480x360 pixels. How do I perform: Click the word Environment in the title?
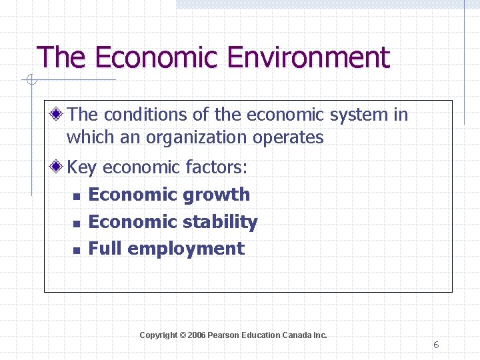(307, 57)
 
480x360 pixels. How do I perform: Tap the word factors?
(212, 167)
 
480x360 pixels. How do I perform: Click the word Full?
(105, 249)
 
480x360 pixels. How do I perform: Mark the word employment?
(186, 249)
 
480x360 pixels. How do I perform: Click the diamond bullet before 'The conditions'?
(58, 114)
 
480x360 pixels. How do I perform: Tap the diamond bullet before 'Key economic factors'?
(58, 167)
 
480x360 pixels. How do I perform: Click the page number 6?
(436, 345)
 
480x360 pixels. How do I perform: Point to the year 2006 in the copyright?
(197, 335)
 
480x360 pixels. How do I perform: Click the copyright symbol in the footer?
(182, 335)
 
